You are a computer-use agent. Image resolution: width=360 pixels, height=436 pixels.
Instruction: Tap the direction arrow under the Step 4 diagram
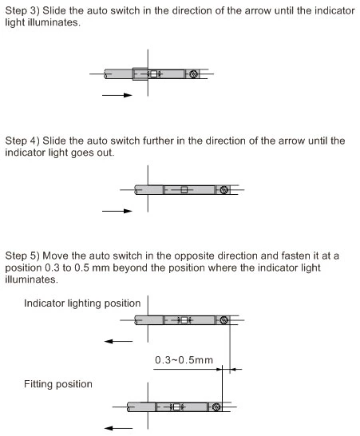pos(117,212)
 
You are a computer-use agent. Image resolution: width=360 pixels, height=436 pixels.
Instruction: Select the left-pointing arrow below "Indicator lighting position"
pos(118,339)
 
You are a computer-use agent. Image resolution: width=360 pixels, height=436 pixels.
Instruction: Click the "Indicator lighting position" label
pos(82,303)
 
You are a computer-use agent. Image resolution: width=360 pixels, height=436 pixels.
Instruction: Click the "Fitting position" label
pos(58,384)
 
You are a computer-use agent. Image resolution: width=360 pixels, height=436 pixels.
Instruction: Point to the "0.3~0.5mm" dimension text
pos(184,361)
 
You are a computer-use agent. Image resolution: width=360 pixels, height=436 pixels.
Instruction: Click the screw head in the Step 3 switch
pos(195,74)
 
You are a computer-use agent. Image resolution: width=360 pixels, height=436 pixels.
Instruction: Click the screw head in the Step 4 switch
pos(224,190)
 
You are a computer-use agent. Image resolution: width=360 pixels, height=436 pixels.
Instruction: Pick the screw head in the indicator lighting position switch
pos(224,320)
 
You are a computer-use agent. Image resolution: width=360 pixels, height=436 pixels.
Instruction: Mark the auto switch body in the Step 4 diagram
pos(188,190)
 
